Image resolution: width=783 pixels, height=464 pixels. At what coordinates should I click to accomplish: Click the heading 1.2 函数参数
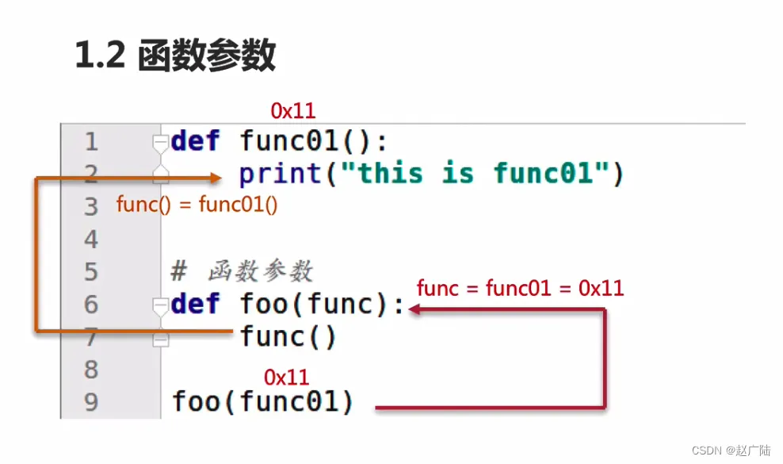[x=175, y=56]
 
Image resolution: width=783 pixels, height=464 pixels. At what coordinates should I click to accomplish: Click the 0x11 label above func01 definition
[x=293, y=111]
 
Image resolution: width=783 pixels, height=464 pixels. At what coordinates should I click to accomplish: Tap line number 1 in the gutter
[x=91, y=142]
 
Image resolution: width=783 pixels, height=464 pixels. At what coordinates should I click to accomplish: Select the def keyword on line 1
[x=196, y=142]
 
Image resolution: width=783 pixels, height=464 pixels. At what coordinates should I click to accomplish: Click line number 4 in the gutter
[x=91, y=240]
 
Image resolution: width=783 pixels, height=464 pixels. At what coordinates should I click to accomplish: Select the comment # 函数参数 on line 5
[x=243, y=272]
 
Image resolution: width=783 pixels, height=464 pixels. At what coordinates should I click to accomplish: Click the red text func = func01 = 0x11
[x=520, y=288]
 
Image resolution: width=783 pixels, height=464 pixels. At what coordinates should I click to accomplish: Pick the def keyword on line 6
[x=196, y=305]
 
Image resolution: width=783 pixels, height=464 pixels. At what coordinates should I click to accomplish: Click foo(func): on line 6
[x=322, y=305]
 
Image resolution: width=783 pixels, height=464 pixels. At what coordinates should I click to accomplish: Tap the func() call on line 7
[x=288, y=338]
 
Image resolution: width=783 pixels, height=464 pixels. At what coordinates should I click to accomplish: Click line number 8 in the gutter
[x=91, y=370]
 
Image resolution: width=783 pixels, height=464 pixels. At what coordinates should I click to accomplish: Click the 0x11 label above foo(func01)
[x=286, y=377]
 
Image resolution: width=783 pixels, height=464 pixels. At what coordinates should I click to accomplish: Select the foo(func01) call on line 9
[x=263, y=402]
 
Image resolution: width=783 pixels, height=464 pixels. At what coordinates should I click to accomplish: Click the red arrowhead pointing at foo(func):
[x=416, y=310]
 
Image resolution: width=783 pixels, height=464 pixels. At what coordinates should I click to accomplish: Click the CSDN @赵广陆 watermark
[x=731, y=451]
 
